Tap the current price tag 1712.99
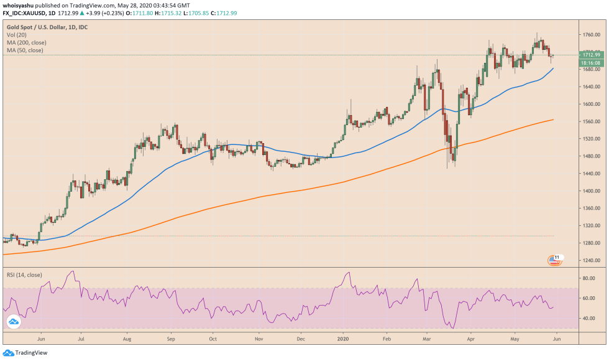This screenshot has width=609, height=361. pyautogui.click(x=589, y=55)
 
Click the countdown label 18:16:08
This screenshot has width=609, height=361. pyautogui.click(x=589, y=63)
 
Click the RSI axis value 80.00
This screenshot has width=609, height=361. pyautogui.click(x=587, y=279)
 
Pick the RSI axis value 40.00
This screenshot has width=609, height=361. pyautogui.click(x=587, y=319)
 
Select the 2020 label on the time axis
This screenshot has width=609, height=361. pyautogui.click(x=344, y=340)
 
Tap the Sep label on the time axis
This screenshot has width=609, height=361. pyautogui.click(x=170, y=340)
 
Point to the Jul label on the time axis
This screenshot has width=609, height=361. pyautogui.click(x=81, y=340)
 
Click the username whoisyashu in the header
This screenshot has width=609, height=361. pyautogui.click(x=21, y=5)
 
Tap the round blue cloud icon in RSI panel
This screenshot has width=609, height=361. pyautogui.click(x=13, y=322)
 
